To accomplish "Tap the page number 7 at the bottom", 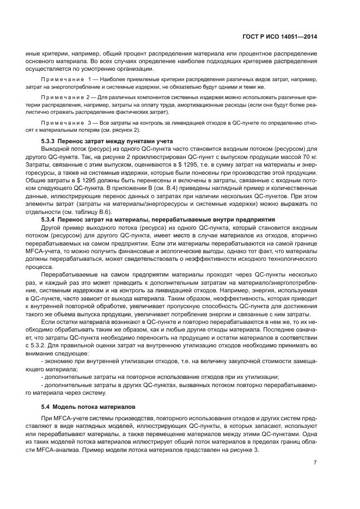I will click(x=315, y=462).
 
